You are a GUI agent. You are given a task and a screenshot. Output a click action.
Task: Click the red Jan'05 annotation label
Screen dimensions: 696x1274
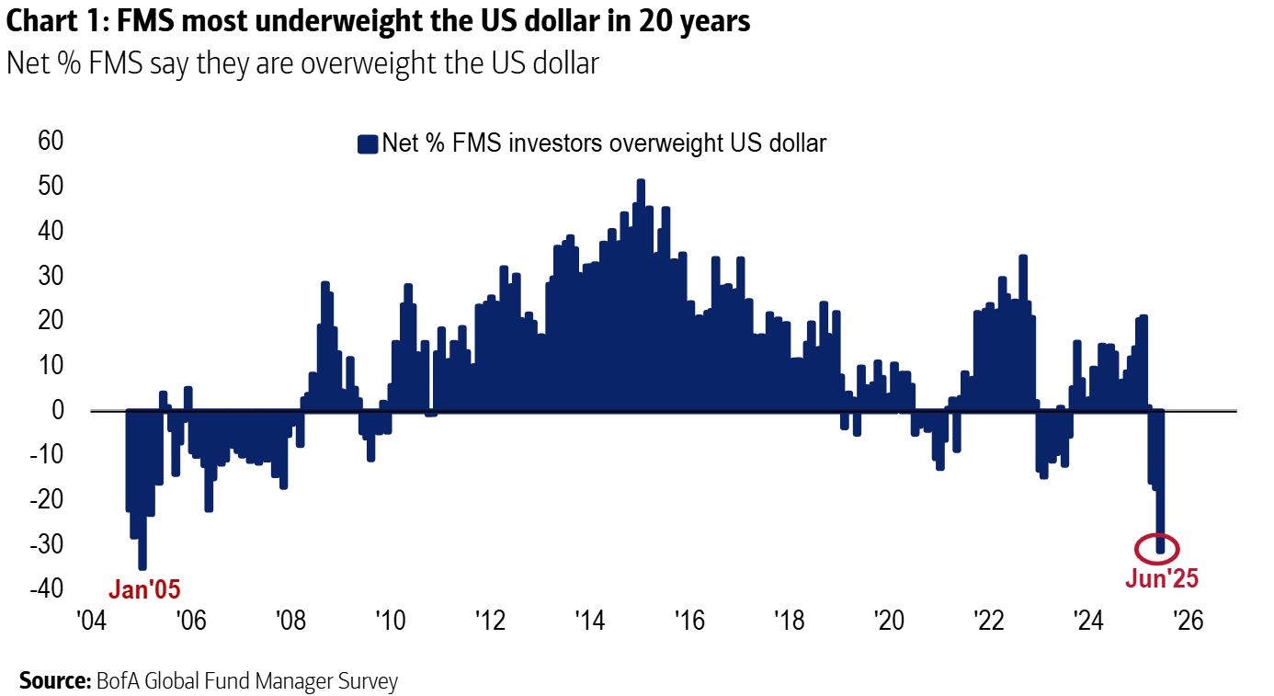pos(145,589)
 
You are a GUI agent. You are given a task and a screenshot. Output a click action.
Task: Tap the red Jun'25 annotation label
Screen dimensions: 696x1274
pos(1162,579)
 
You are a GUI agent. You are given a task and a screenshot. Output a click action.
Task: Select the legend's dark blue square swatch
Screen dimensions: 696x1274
pos(368,144)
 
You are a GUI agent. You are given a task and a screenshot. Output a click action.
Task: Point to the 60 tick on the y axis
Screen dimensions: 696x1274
pos(50,142)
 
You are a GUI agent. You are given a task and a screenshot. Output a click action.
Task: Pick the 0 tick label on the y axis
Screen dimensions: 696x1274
pos(57,410)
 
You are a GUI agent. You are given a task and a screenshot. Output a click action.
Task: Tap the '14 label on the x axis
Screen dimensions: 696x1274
pos(588,621)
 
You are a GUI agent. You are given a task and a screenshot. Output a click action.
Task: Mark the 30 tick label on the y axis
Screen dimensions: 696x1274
pos(50,276)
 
